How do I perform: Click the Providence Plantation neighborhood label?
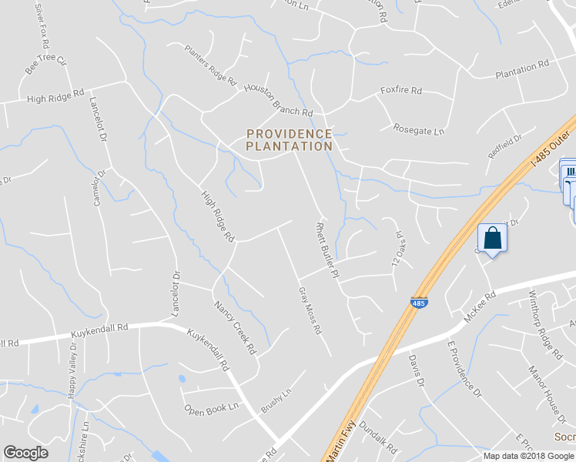coord(290,140)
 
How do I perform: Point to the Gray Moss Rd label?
coord(310,311)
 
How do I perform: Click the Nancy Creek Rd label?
coord(236,327)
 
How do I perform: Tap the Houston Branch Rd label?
coord(278,99)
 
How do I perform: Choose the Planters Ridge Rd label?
coord(210,64)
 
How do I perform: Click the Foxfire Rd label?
coord(401,91)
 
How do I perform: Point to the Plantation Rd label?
coord(521,69)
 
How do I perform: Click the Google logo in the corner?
coord(26,453)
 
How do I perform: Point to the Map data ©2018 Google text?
coord(527,456)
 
